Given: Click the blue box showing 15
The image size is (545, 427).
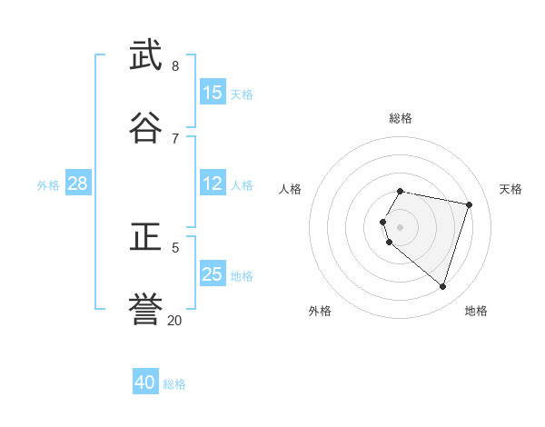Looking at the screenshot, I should (x=213, y=93).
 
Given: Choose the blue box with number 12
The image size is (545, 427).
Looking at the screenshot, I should (x=213, y=184).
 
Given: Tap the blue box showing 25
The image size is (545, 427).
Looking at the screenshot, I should (x=213, y=274).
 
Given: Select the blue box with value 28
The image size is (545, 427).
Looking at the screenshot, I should (x=78, y=184).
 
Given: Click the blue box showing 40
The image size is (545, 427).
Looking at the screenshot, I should (x=145, y=382).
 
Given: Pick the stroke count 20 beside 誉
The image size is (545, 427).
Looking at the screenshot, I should (x=174, y=320).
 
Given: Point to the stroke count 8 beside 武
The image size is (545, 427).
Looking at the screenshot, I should (x=174, y=66).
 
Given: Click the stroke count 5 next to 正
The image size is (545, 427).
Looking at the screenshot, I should (x=175, y=247).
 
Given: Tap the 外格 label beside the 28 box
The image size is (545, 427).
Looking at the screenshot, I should (x=48, y=185).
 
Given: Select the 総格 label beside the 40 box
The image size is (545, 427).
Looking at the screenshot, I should (x=174, y=384).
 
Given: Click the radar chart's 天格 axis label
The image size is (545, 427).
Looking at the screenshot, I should (x=510, y=189).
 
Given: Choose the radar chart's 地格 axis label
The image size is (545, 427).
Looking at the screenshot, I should (x=476, y=311).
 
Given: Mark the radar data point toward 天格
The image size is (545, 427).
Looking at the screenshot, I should (x=469, y=204).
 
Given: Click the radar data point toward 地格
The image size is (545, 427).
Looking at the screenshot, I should (x=442, y=286).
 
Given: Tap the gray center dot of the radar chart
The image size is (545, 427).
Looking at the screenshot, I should (x=401, y=226).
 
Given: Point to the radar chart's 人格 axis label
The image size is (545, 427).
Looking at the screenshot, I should (x=291, y=189).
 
